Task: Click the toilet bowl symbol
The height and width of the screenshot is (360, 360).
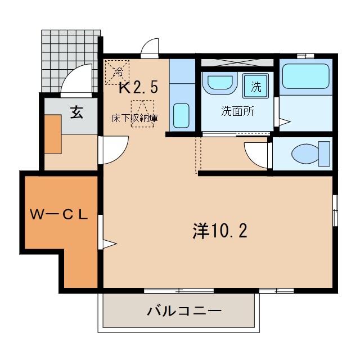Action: pos(307,152)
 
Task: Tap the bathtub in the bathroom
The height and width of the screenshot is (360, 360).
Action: pos(305,76)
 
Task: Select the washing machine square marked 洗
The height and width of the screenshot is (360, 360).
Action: pos(256,87)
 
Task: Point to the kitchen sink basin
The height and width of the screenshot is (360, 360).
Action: pos(181,115)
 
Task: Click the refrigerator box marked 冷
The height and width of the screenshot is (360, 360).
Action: pos(117,71)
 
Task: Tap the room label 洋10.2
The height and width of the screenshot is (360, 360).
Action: pos(220,230)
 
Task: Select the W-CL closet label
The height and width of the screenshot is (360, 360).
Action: pos(59,214)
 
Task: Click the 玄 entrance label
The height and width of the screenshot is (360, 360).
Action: pos(75,112)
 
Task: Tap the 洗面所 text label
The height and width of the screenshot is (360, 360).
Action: pos(237,111)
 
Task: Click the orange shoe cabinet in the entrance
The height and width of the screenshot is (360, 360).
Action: pos(53,134)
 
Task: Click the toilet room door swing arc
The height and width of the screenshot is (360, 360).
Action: pos(258,155)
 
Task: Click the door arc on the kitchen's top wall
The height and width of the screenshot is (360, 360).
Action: pos(150,48)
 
